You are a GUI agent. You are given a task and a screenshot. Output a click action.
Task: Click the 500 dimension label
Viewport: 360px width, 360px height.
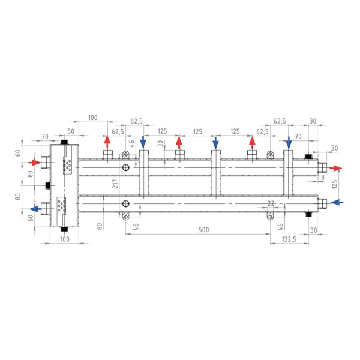click(x=203, y=230)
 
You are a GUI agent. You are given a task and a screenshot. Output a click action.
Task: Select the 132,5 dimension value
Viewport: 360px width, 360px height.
click(x=289, y=239)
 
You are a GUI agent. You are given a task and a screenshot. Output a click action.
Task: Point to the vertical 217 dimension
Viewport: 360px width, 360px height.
click(x=115, y=184)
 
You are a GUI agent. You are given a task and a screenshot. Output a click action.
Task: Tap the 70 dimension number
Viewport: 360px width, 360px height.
click(x=298, y=137)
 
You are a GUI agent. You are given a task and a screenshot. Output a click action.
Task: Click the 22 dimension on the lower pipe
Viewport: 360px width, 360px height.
click(x=271, y=203)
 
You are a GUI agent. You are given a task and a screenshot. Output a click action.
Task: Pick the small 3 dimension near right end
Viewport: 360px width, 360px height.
click(x=323, y=177)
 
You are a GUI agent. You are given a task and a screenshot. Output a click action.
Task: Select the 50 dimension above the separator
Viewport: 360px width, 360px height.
click(x=71, y=131)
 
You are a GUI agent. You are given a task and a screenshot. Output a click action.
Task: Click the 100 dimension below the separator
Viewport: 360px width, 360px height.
click(x=65, y=239)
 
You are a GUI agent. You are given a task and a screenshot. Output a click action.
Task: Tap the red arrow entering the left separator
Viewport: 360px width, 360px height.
click(x=34, y=163)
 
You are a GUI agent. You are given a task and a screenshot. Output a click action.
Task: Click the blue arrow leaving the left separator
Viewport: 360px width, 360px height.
click(x=35, y=209)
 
